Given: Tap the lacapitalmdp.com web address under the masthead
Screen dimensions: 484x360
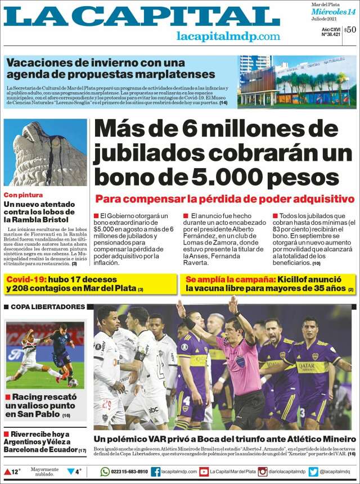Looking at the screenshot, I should (228, 36).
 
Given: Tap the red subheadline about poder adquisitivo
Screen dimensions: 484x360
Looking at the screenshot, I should (224, 199).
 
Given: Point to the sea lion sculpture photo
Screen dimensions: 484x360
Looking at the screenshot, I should (45, 152).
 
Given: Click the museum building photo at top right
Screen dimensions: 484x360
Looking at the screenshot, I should (296, 82).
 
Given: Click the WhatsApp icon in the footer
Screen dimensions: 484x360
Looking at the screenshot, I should (105, 472).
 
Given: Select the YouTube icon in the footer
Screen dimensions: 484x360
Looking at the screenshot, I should (204, 472).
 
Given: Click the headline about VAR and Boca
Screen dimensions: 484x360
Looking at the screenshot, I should (224, 438).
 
